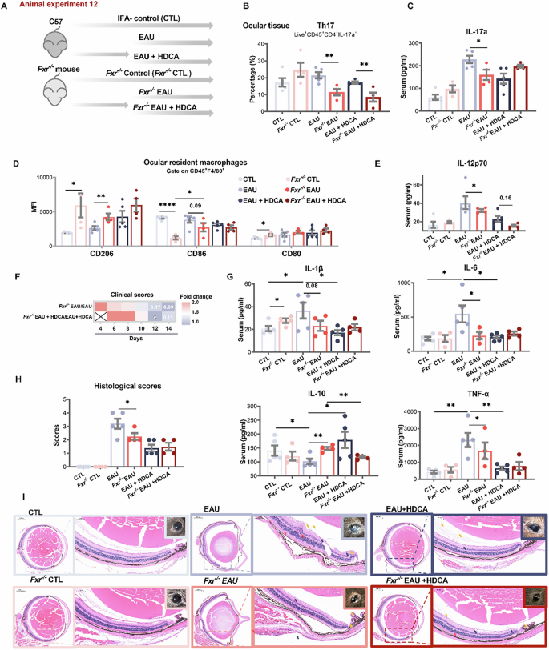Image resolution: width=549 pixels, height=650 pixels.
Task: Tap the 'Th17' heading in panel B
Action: (321, 24)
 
